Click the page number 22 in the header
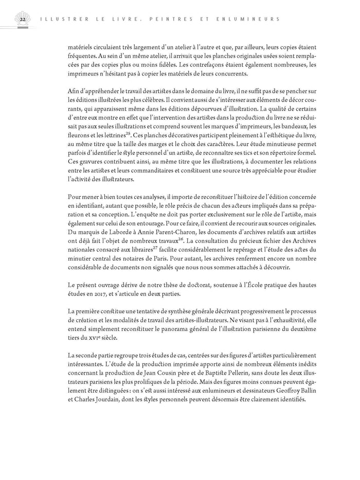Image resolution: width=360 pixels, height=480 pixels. tap(22, 20)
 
